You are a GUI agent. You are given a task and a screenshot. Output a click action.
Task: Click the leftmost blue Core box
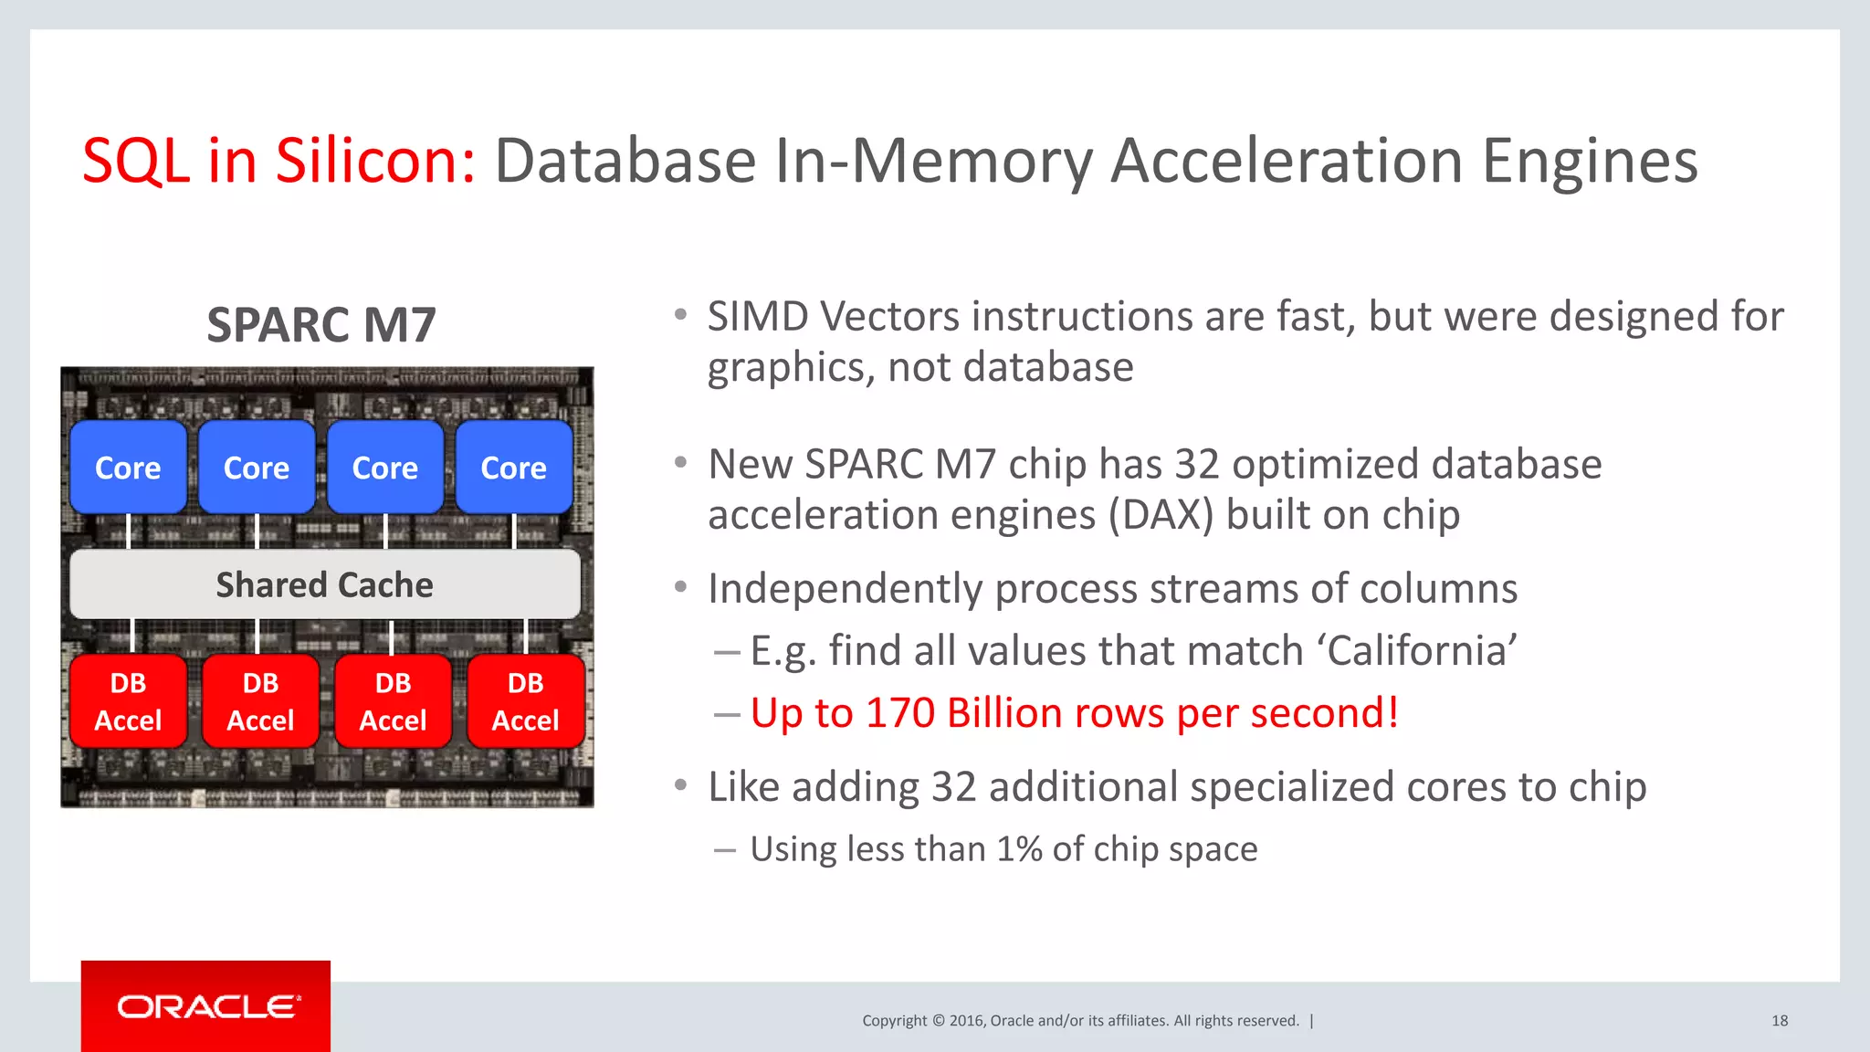tap(128, 468)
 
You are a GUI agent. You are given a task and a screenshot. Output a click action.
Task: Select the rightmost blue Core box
tap(514, 468)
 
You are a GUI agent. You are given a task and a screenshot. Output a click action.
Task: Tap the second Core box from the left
tap(257, 468)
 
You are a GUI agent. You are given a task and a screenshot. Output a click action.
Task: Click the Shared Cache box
tap(325, 584)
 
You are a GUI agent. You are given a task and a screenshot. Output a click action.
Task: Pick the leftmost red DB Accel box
tap(128, 701)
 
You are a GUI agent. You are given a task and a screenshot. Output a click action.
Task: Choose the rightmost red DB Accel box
tap(526, 701)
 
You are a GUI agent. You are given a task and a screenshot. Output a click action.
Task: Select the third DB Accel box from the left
tap(393, 701)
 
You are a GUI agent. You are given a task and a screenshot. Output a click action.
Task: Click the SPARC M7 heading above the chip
tap(321, 325)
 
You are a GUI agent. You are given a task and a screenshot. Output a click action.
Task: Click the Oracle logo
tap(206, 1006)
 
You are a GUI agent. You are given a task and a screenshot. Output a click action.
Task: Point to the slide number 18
tap(1780, 1021)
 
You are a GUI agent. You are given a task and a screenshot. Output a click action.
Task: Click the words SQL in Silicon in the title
tap(278, 161)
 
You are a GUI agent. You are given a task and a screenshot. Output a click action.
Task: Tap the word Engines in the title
tap(1589, 161)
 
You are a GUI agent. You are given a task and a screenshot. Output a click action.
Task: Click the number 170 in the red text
tap(900, 713)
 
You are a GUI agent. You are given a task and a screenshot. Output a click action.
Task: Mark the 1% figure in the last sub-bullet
tap(1019, 849)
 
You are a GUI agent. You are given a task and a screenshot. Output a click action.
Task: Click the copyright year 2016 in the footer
tap(966, 1021)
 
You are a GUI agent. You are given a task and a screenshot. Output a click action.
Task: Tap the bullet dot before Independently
tap(680, 587)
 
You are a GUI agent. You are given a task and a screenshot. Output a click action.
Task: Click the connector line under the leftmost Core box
tap(129, 531)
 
